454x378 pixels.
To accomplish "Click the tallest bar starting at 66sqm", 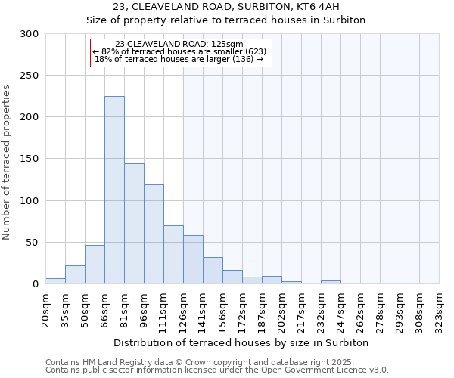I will coord(114,190).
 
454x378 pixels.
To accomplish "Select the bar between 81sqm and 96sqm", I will coord(134,224).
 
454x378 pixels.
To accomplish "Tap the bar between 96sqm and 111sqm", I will coord(154,234).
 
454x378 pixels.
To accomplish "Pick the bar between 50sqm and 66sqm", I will coord(95,265).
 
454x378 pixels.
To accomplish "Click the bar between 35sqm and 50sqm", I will coord(75,275).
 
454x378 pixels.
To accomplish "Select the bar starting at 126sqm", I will coord(193,259).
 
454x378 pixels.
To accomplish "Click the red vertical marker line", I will coord(182,174).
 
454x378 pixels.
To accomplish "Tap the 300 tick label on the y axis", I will coord(30,34).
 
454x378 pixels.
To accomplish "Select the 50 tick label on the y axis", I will coord(33,243).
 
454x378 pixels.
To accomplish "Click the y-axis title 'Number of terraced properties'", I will coord(7,162).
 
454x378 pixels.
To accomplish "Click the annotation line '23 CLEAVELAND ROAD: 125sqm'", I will coord(179,44).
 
